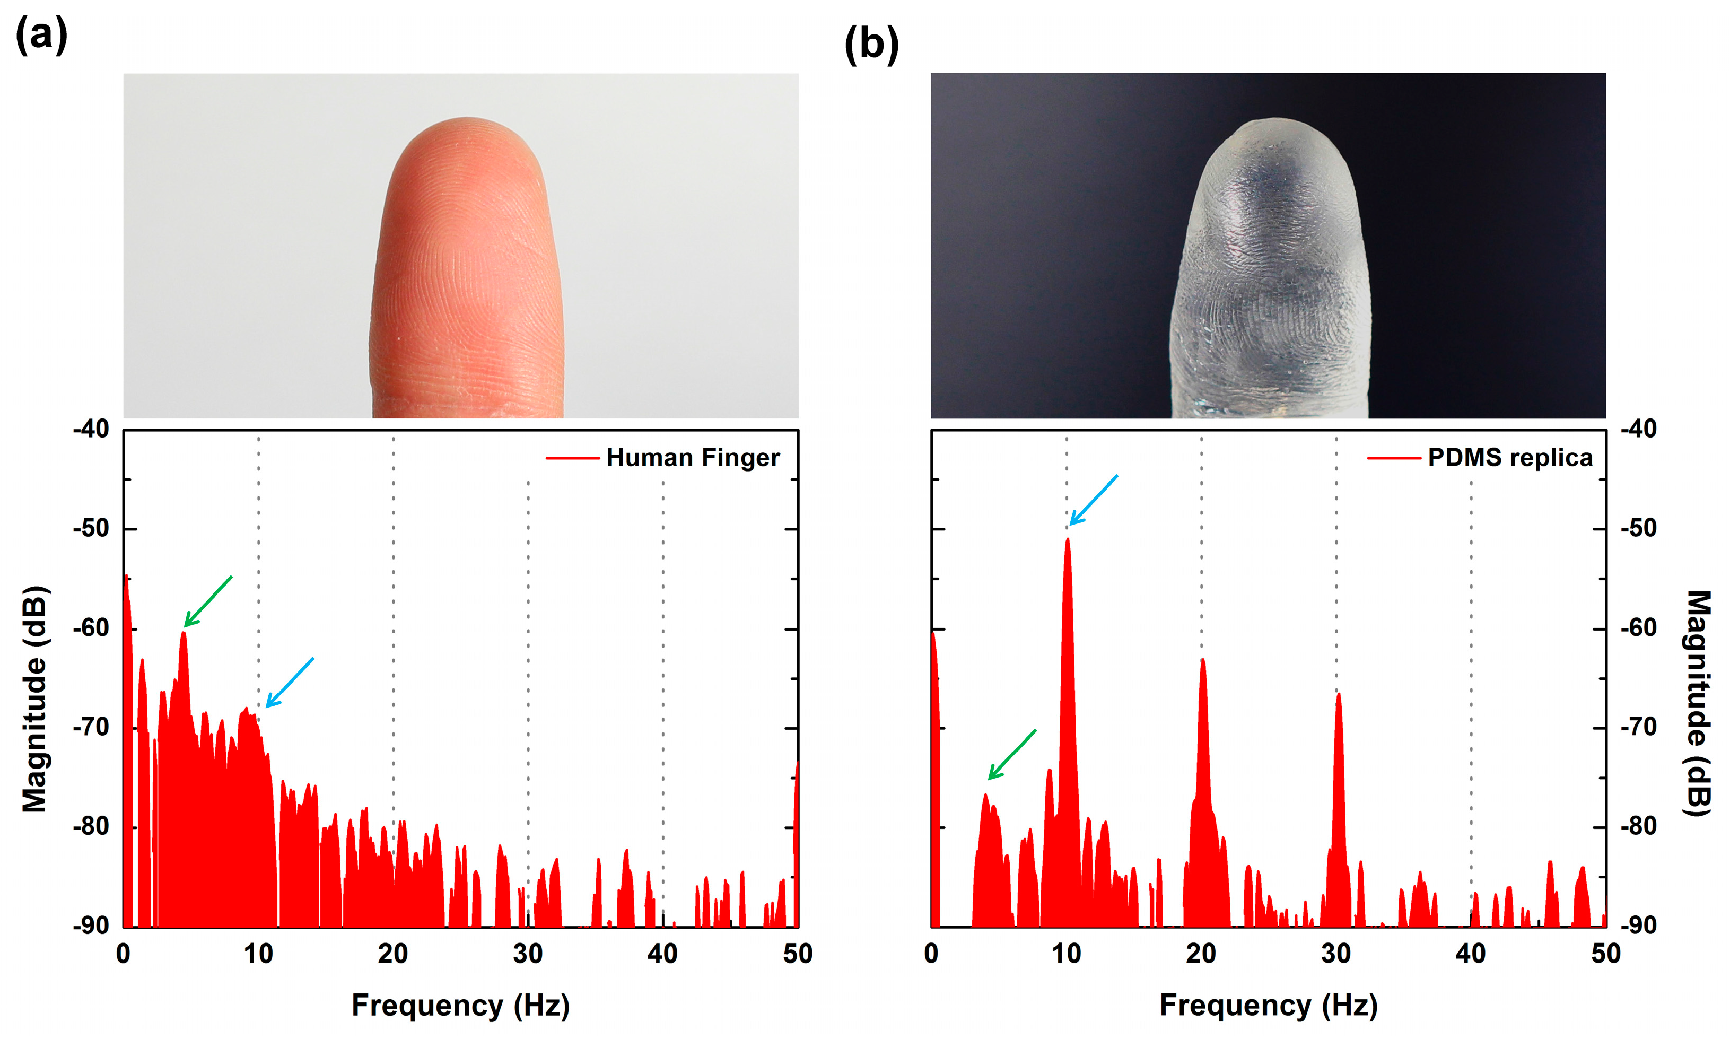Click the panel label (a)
point(41,35)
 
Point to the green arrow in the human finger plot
point(208,601)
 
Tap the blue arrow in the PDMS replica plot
point(1094,499)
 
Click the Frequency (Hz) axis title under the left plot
point(461,1006)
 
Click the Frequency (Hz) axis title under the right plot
point(1269,1006)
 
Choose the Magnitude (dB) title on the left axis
point(34,699)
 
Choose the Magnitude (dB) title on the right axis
point(1697,703)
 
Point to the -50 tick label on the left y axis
point(91,529)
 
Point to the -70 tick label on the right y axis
point(1639,728)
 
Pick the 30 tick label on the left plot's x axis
point(528,954)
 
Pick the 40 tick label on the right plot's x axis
point(1470,954)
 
